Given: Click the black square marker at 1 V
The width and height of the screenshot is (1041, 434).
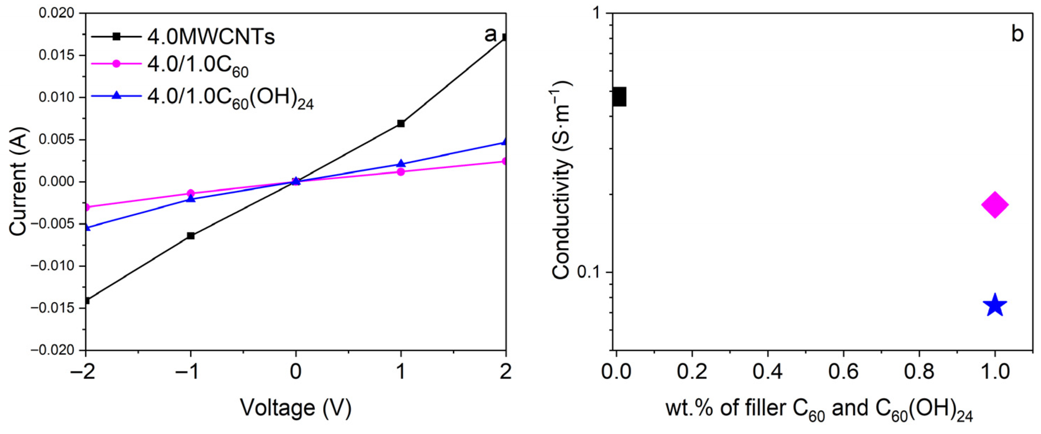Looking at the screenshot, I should [x=401, y=123].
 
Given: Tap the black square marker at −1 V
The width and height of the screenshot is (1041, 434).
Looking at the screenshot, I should [x=191, y=236].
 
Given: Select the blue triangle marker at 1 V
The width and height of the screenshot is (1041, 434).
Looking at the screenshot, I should [x=401, y=163].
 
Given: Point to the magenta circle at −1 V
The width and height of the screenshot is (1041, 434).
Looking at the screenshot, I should [x=191, y=193].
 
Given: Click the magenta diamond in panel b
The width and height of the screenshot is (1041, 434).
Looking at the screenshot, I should [x=994, y=205].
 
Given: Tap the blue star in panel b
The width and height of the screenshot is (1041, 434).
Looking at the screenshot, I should [x=994, y=306].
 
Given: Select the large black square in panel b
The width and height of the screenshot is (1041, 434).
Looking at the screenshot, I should [x=619, y=97].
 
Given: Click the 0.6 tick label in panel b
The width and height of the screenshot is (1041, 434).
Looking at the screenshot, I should [x=843, y=372].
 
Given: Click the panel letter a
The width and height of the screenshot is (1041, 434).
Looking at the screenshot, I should [x=490, y=35].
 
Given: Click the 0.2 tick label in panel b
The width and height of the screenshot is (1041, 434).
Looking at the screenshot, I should [x=692, y=372].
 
